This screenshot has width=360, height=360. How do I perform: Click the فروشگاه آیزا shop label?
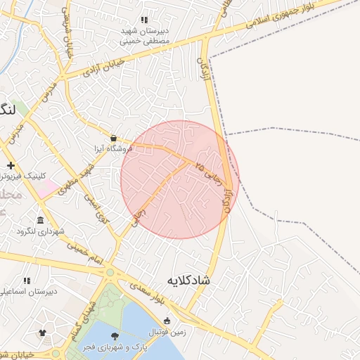[114, 148]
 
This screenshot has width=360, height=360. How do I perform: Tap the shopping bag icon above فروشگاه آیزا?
[114, 138]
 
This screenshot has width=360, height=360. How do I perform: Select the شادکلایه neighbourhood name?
[188, 280]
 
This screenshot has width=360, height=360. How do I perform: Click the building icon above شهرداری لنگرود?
[40, 220]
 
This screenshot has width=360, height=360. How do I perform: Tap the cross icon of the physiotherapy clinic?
[10, 166]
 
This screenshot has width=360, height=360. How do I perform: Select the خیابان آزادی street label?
[103, 67]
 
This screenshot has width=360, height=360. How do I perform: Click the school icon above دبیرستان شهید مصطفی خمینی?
[144, 20]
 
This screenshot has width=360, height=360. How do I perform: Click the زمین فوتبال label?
[167, 332]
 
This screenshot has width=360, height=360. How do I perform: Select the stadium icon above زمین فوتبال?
[167, 321]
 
